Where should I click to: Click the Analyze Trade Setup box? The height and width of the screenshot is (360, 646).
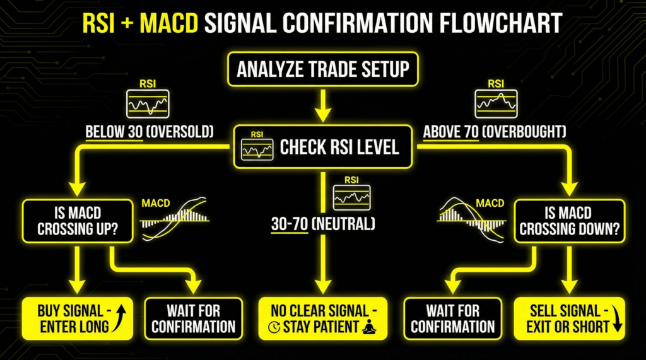[x=322, y=69]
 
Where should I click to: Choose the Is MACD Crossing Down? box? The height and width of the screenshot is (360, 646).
[x=570, y=221]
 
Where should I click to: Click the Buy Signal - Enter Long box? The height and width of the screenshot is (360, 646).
[x=77, y=318]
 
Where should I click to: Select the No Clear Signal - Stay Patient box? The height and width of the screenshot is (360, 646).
[x=322, y=318]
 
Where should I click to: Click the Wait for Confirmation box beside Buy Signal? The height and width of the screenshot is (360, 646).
[x=193, y=318]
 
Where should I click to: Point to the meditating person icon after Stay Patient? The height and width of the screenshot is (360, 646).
[x=369, y=327]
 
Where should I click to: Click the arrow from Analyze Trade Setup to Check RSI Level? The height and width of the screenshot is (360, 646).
[x=322, y=105]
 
